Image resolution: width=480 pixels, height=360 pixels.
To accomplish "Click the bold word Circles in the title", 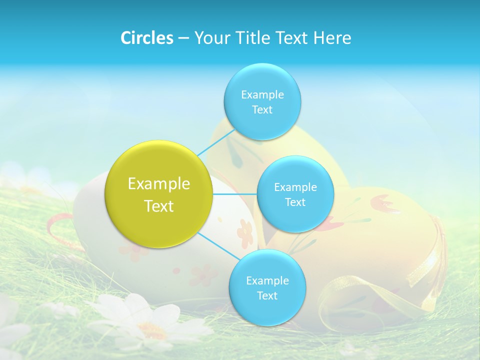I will pos(146,38).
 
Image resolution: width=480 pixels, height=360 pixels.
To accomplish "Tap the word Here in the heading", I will pos(332,38).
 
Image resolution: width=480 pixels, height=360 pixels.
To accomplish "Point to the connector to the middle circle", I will pos(235,194).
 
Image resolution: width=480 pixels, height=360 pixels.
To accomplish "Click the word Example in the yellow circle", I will pos(159,184).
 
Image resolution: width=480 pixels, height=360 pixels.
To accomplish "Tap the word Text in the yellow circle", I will pos(159,206).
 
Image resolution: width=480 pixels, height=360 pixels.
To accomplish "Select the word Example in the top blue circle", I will pos(262,95).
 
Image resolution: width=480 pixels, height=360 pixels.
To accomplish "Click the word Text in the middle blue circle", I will pos(295,202).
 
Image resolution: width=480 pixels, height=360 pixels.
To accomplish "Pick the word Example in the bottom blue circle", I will pos(267,281).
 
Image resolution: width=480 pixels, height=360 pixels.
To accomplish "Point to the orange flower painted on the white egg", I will pos(245,233).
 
